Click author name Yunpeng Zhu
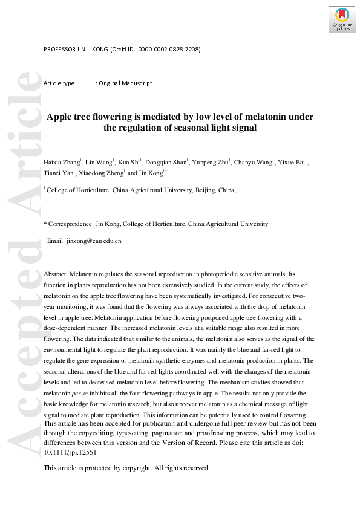(211, 163)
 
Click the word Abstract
(56, 274)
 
